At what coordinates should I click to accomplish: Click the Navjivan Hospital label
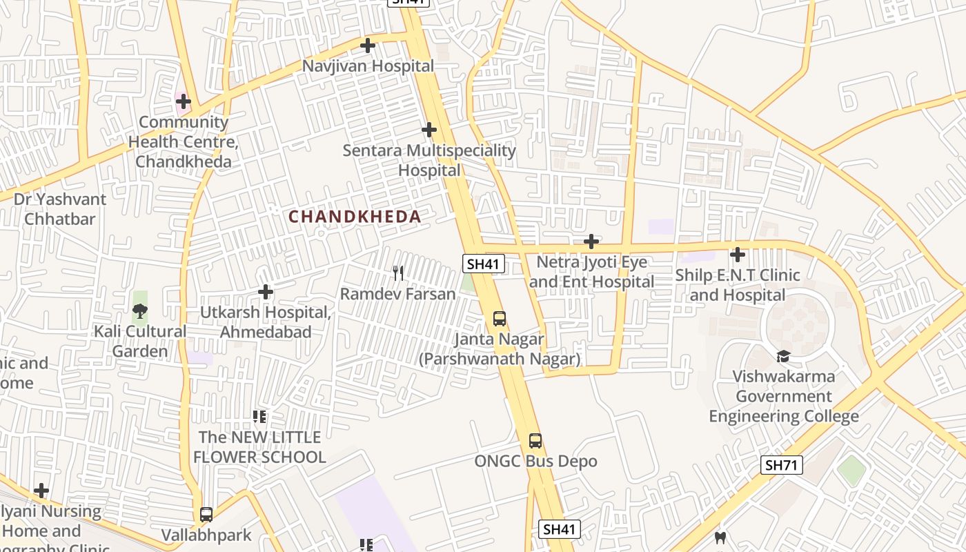pyautogui.click(x=368, y=66)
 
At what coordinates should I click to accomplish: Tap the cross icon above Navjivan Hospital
pyautogui.click(x=368, y=46)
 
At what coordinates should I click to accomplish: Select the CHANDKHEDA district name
pyautogui.click(x=355, y=217)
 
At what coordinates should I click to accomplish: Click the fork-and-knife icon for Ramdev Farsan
pyautogui.click(x=398, y=273)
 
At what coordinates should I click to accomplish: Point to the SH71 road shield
pyautogui.click(x=782, y=465)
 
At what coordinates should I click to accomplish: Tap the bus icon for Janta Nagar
pyautogui.click(x=500, y=319)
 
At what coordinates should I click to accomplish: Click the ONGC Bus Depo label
pyautogui.click(x=535, y=461)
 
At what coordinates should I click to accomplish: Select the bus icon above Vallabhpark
pyautogui.click(x=206, y=514)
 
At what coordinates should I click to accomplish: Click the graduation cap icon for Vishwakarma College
pyautogui.click(x=783, y=356)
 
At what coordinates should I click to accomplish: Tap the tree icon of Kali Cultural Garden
pyautogui.click(x=139, y=310)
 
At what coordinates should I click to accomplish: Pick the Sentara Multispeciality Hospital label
pyautogui.click(x=429, y=160)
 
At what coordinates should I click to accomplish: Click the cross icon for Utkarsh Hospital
pyautogui.click(x=266, y=292)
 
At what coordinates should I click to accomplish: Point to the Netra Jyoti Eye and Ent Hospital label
pyautogui.click(x=591, y=272)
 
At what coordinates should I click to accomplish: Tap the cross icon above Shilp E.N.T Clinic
pyautogui.click(x=738, y=255)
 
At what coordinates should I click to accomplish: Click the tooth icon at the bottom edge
pyautogui.click(x=720, y=538)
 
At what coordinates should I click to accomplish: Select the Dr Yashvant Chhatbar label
pyautogui.click(x=60, y=209)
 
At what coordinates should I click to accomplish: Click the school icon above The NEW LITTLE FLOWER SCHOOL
pyautogui.click(x=259, y=416)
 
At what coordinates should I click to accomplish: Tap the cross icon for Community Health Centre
pyautogui.click(x=183, y=101)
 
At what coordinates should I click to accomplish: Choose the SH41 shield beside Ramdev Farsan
pyautogui.click(x=484, y=264)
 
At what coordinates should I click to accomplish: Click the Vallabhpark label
pyautogui.click(x=206, y=535)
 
